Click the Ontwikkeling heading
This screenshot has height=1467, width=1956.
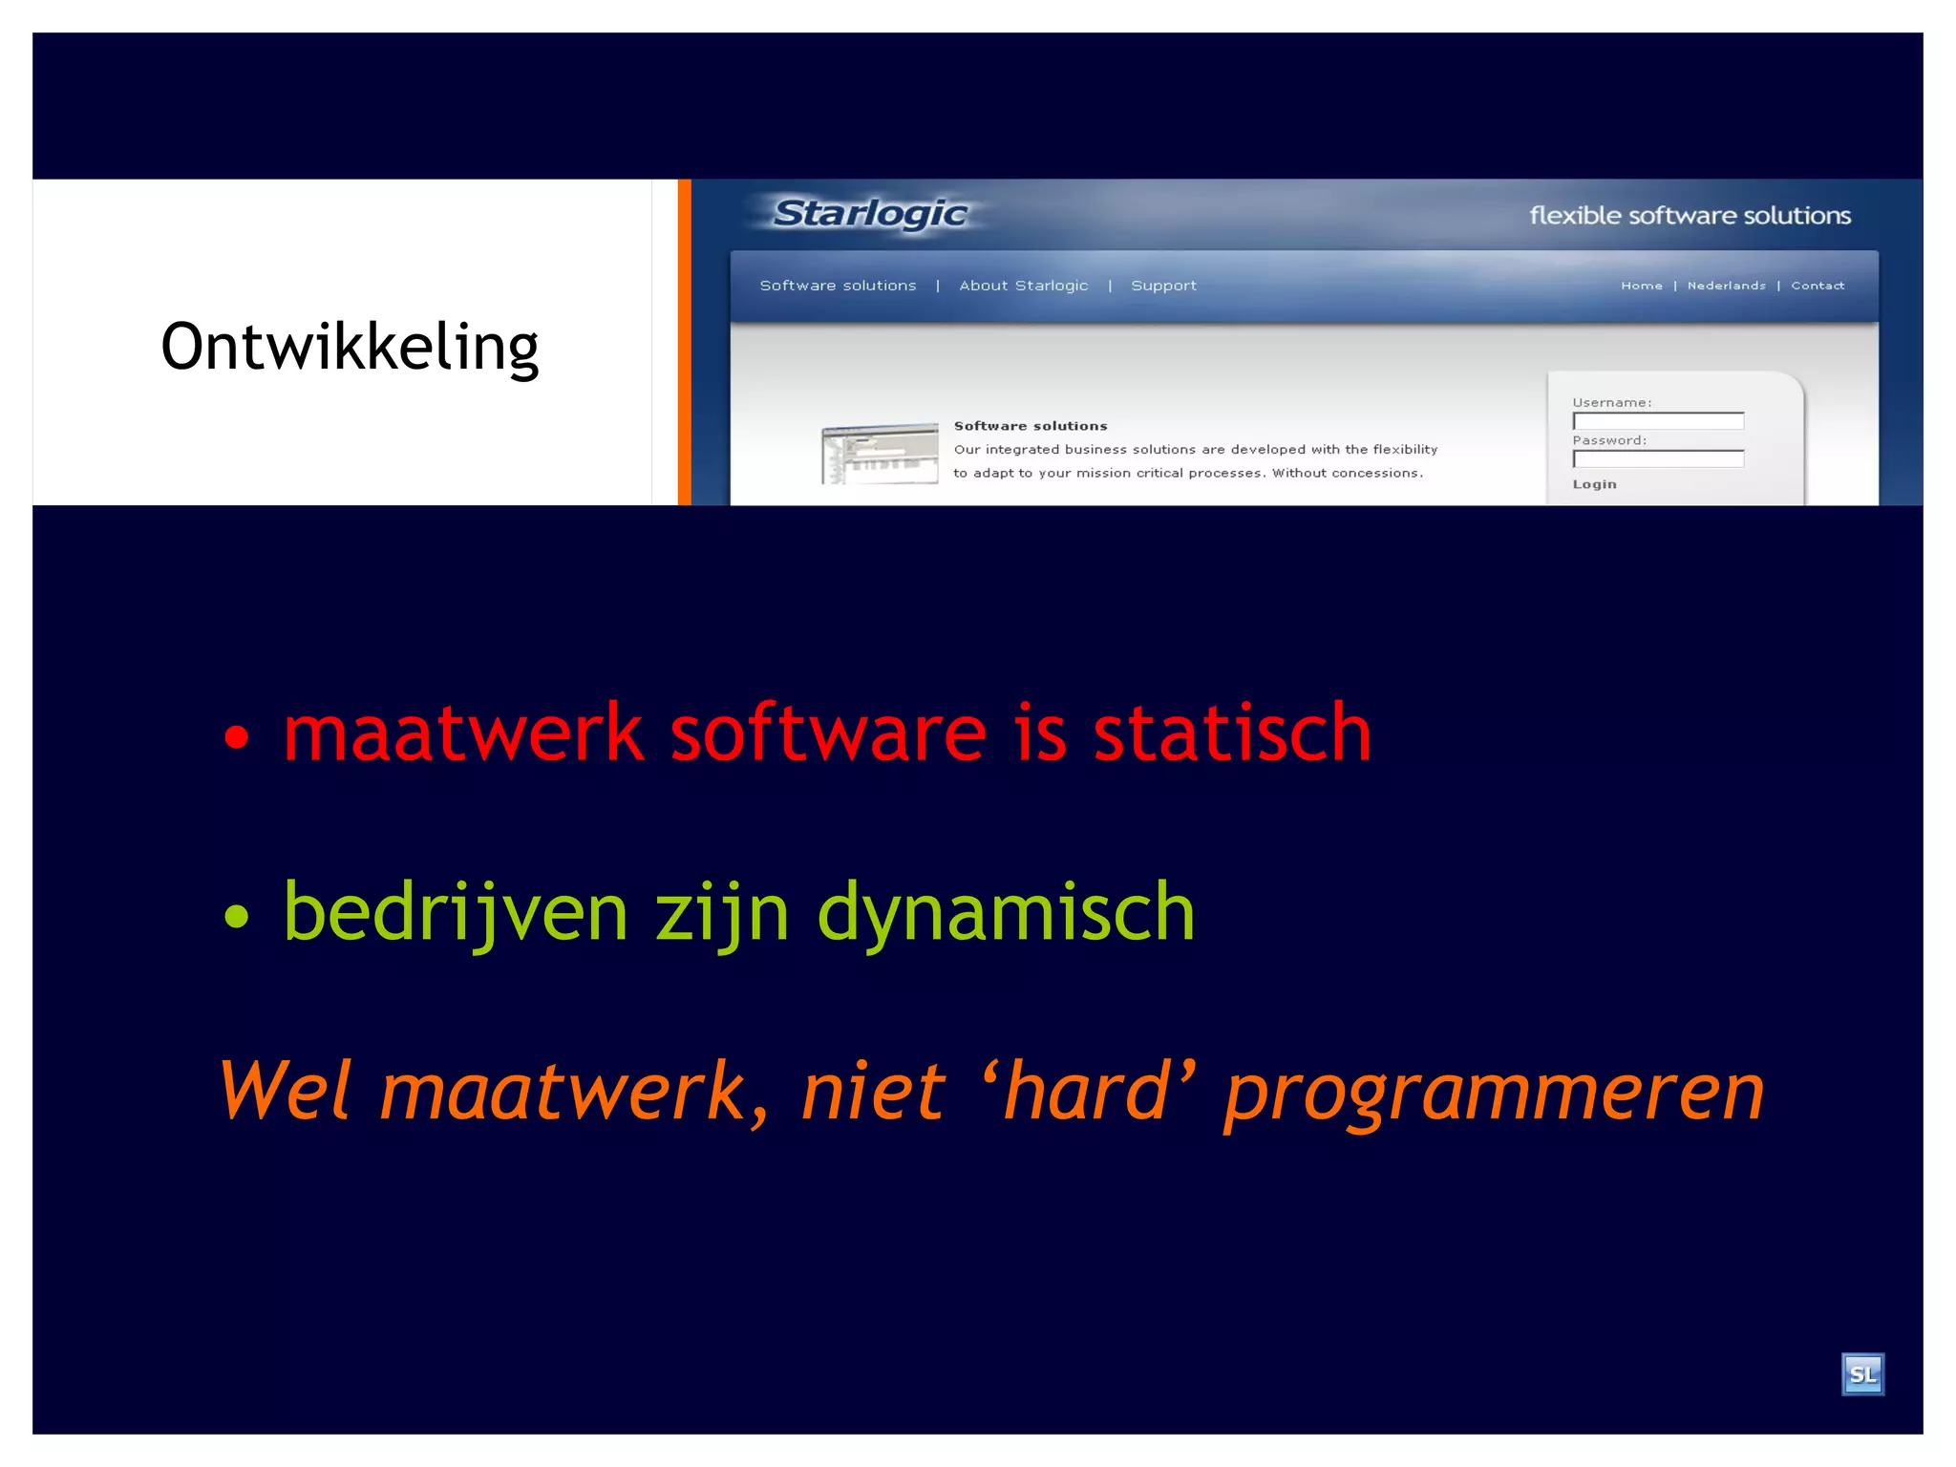click(x=350, y=347)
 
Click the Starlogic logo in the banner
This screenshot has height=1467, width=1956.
click(x=870, y=213)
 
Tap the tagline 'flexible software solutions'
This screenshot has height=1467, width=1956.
click(x=1690, y=216)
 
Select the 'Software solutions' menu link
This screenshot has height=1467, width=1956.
click(x=838, y=286)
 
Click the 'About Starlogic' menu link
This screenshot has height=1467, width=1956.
click(x=1023, y=286)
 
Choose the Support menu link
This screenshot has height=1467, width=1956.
click(x=1163, y=286)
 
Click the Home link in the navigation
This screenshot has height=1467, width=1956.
click(x=1641, y=286)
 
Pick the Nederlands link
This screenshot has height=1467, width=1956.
click(x=1726, y=286)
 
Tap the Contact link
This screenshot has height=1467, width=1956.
click(x=1817, y=286)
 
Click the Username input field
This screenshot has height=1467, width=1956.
click(x=1658, y=421)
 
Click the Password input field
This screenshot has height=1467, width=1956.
click(x=1658, y=459)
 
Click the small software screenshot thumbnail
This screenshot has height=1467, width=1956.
click(x=880, y=454)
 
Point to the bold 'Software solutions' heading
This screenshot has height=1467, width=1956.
click(x=1031, y=426)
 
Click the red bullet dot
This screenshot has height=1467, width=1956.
click(x=236, y=737)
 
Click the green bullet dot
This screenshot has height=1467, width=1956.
click(x=236, y=917)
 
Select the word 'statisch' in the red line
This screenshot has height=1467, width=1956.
click(x=1232, y=733)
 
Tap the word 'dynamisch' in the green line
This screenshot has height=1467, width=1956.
click(x=1006, y=913)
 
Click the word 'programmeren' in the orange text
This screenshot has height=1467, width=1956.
click(x=1494, y=1093)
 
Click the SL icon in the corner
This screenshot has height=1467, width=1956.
click(x=1862, y=1374)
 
